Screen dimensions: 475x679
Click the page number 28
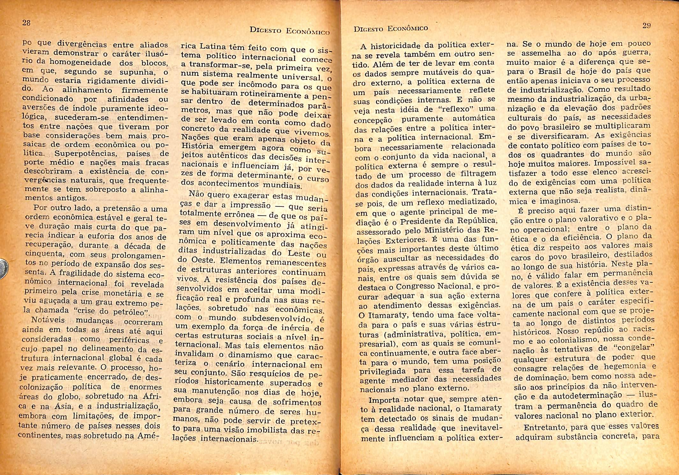(x=26, y=23)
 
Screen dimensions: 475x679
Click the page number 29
(x=646, y=26)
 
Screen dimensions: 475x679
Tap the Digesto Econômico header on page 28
(x=289, y=31)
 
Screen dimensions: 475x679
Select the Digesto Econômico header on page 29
(x=391, y=29)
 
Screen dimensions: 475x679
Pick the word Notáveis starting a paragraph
(x=48, y=320)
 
